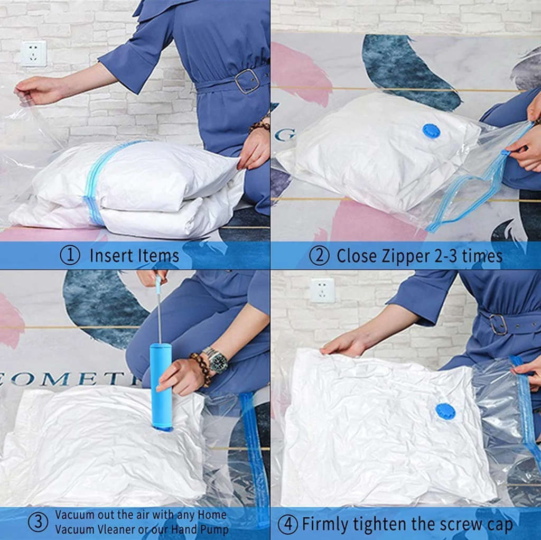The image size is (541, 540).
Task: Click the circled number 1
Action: click(x=70, y=256)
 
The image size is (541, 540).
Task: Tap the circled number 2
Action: click(x=319, y=256)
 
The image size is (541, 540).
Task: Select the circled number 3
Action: click(x=38, y=522)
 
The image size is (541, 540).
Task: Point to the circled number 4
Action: click(x=288, y=524)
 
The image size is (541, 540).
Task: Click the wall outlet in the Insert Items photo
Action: click(x=33, y=54)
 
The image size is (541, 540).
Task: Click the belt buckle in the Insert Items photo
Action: click(x=247, y=81)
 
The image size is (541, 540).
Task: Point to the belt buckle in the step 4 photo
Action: click(x=498, y=324)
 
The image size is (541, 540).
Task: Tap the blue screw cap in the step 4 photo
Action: click(x=445, y=411)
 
